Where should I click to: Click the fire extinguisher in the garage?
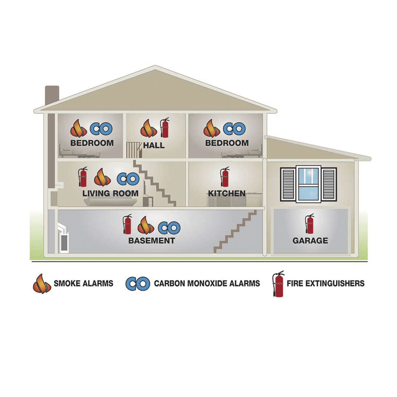coord(310,224)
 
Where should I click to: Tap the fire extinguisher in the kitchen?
coord(225,177)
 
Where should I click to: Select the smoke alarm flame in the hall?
coord(149,128)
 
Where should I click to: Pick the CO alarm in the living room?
coord(128,179)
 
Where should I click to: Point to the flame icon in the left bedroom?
coord(79,128)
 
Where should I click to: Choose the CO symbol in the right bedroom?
coord(234,129)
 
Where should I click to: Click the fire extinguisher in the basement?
coord(127,224)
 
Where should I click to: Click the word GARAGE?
coord(310,241)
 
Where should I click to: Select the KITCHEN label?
coord(227,193)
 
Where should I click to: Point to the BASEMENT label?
coord(152,241)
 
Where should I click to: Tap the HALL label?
coord(154,145)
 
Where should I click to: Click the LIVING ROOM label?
coord(110,193)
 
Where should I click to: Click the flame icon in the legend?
coord(42,284)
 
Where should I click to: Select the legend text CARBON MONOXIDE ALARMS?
coord(207,283)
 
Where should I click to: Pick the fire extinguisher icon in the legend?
coord(278,284)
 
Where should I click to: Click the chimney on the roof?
coord(52,95)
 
